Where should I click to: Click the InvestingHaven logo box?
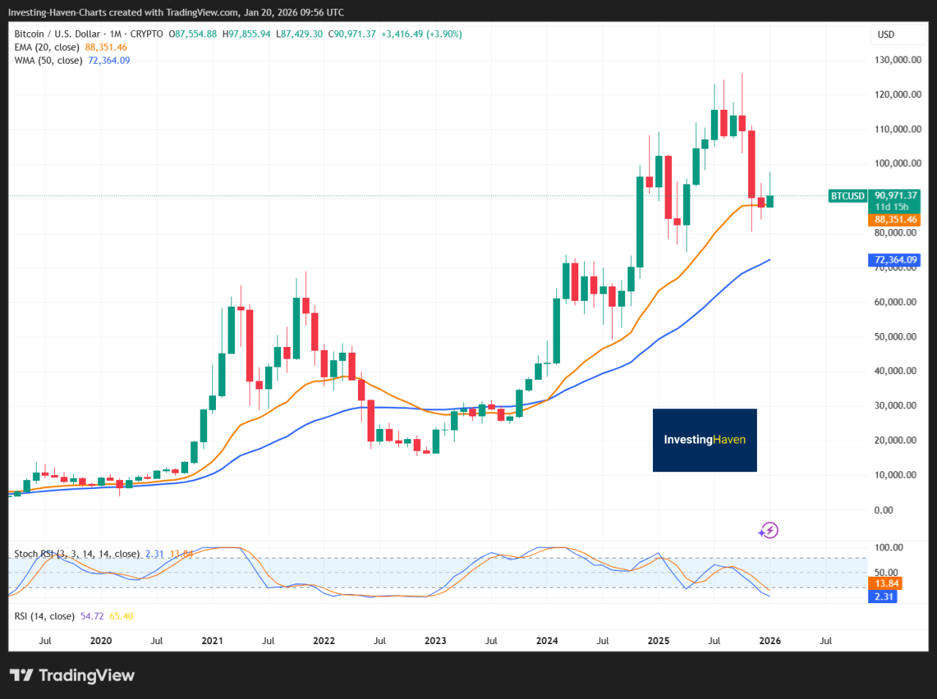[704, 440]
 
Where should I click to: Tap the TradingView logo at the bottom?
[72, 675]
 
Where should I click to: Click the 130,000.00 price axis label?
[897, 60]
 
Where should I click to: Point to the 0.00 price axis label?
[884, 509]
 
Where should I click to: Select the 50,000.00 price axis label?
[895, 337]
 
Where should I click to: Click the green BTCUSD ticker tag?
[848, 196]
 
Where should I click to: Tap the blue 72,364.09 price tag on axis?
[895, 260]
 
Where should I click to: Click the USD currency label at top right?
[886, 34]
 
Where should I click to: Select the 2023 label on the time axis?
[435, 640]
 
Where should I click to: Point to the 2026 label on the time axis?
[769, 640]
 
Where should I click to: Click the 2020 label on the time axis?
[101, 640]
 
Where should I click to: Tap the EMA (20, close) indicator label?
[48, 48]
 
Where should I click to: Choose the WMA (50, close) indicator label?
[49, 61]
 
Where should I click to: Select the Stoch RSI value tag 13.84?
[886, 583]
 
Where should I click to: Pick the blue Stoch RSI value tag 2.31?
[884, 597]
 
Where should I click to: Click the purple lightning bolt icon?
[769, 530]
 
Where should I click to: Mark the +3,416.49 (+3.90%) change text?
[422, 34]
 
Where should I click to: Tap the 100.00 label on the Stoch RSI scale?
[888, 547]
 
